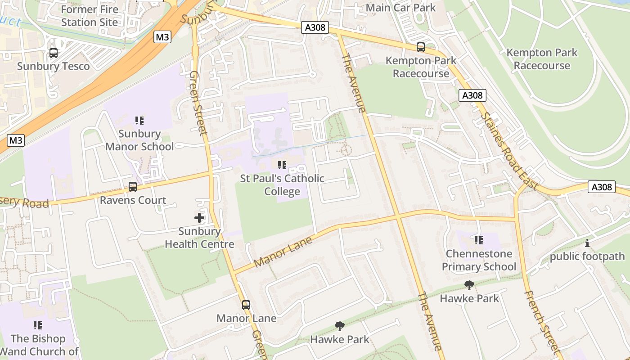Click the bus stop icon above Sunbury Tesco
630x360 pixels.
click(x=54, y=53)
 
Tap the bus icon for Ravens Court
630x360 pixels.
click(x=133, y=186)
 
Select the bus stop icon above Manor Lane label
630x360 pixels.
click(x=246, y=305)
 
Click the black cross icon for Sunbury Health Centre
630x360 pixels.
click(x=199, y=218)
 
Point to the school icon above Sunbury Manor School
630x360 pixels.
click(x=139, y=120)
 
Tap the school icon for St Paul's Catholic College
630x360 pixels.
click(x=282, y=165)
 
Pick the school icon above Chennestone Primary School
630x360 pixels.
click(x=478, y=240)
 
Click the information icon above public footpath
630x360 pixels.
click(x=587, y=243)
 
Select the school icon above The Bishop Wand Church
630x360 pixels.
click(x=38, y=325)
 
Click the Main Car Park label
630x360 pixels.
click(x=400, y=8)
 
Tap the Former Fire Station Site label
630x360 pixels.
click(x=90, y=16)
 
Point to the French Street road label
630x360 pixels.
click(x=542, y=321)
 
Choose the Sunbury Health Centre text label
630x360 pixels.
click(x=199, y=238)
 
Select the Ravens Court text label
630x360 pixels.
click(x=133, y=200)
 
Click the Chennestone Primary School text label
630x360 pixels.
click(x=479, y=260)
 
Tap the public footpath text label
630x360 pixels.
click(x=587, y=256)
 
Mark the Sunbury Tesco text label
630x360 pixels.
click(x=54, y=66)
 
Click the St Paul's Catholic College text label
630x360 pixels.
click(x=282, y=185)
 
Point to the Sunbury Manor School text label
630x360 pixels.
click(x=139, y=140)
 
